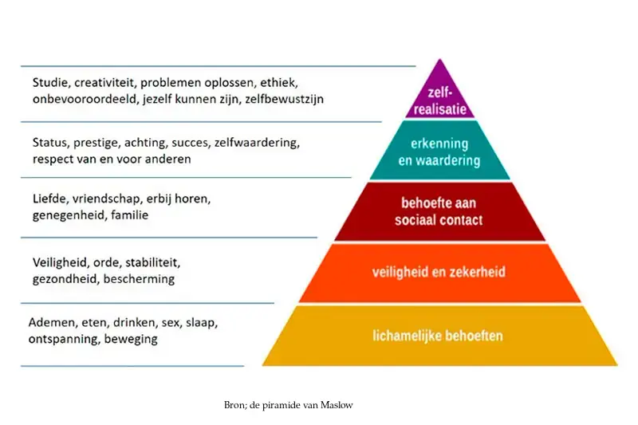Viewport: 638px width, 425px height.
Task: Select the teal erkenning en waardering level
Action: [x=440, y=150]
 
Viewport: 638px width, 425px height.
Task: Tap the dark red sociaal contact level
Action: [x=440, y=211]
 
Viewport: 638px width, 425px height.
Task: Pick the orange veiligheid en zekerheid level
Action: [x=440, y=273]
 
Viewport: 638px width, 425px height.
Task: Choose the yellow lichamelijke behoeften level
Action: [x=440, y=336]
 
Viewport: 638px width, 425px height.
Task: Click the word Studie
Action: [x=50, y=83]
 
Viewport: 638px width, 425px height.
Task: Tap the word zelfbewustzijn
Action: [x=284, y=99]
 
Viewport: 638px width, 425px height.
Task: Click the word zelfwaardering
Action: [x=257, y=144]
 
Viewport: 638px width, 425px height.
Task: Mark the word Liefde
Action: [x=49, y=199]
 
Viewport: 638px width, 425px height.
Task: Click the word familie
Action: [x=129, y=214]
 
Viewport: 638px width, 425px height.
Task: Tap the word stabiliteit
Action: [x=152, y=262]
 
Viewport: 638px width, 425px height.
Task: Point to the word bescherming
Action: [x=139, y=279]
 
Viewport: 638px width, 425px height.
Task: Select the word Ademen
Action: [x=52, y=323]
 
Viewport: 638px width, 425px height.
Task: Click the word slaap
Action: [x=202, y=323]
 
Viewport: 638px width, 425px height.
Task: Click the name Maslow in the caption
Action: [x=337, y=405]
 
